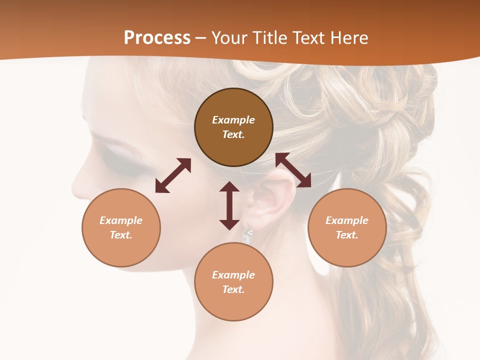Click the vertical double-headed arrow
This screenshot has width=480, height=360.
229,205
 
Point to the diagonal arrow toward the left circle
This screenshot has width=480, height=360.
173,175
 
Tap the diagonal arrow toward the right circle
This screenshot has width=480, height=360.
293,170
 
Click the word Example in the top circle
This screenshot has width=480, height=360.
233,120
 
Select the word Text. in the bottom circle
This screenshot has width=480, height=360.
233,289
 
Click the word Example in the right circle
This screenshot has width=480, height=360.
347,220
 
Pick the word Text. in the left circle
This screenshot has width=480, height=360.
121,235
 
